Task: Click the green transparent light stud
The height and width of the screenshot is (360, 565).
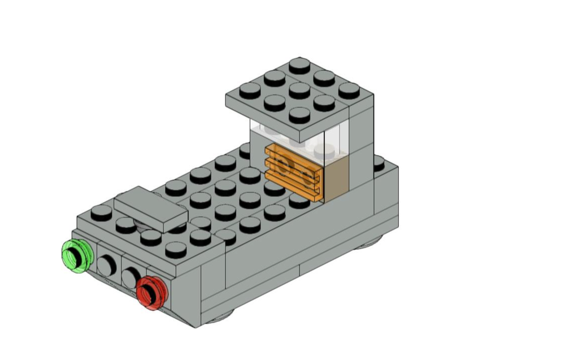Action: point(76,255)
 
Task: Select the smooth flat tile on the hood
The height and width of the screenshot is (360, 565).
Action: point(150,209)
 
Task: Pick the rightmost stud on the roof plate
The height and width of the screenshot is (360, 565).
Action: point(349,89)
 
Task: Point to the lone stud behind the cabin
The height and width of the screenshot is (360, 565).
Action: point(379,162)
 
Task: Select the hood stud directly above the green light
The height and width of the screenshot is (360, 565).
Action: point(102,212)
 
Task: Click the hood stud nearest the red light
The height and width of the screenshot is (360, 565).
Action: point(176,249)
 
